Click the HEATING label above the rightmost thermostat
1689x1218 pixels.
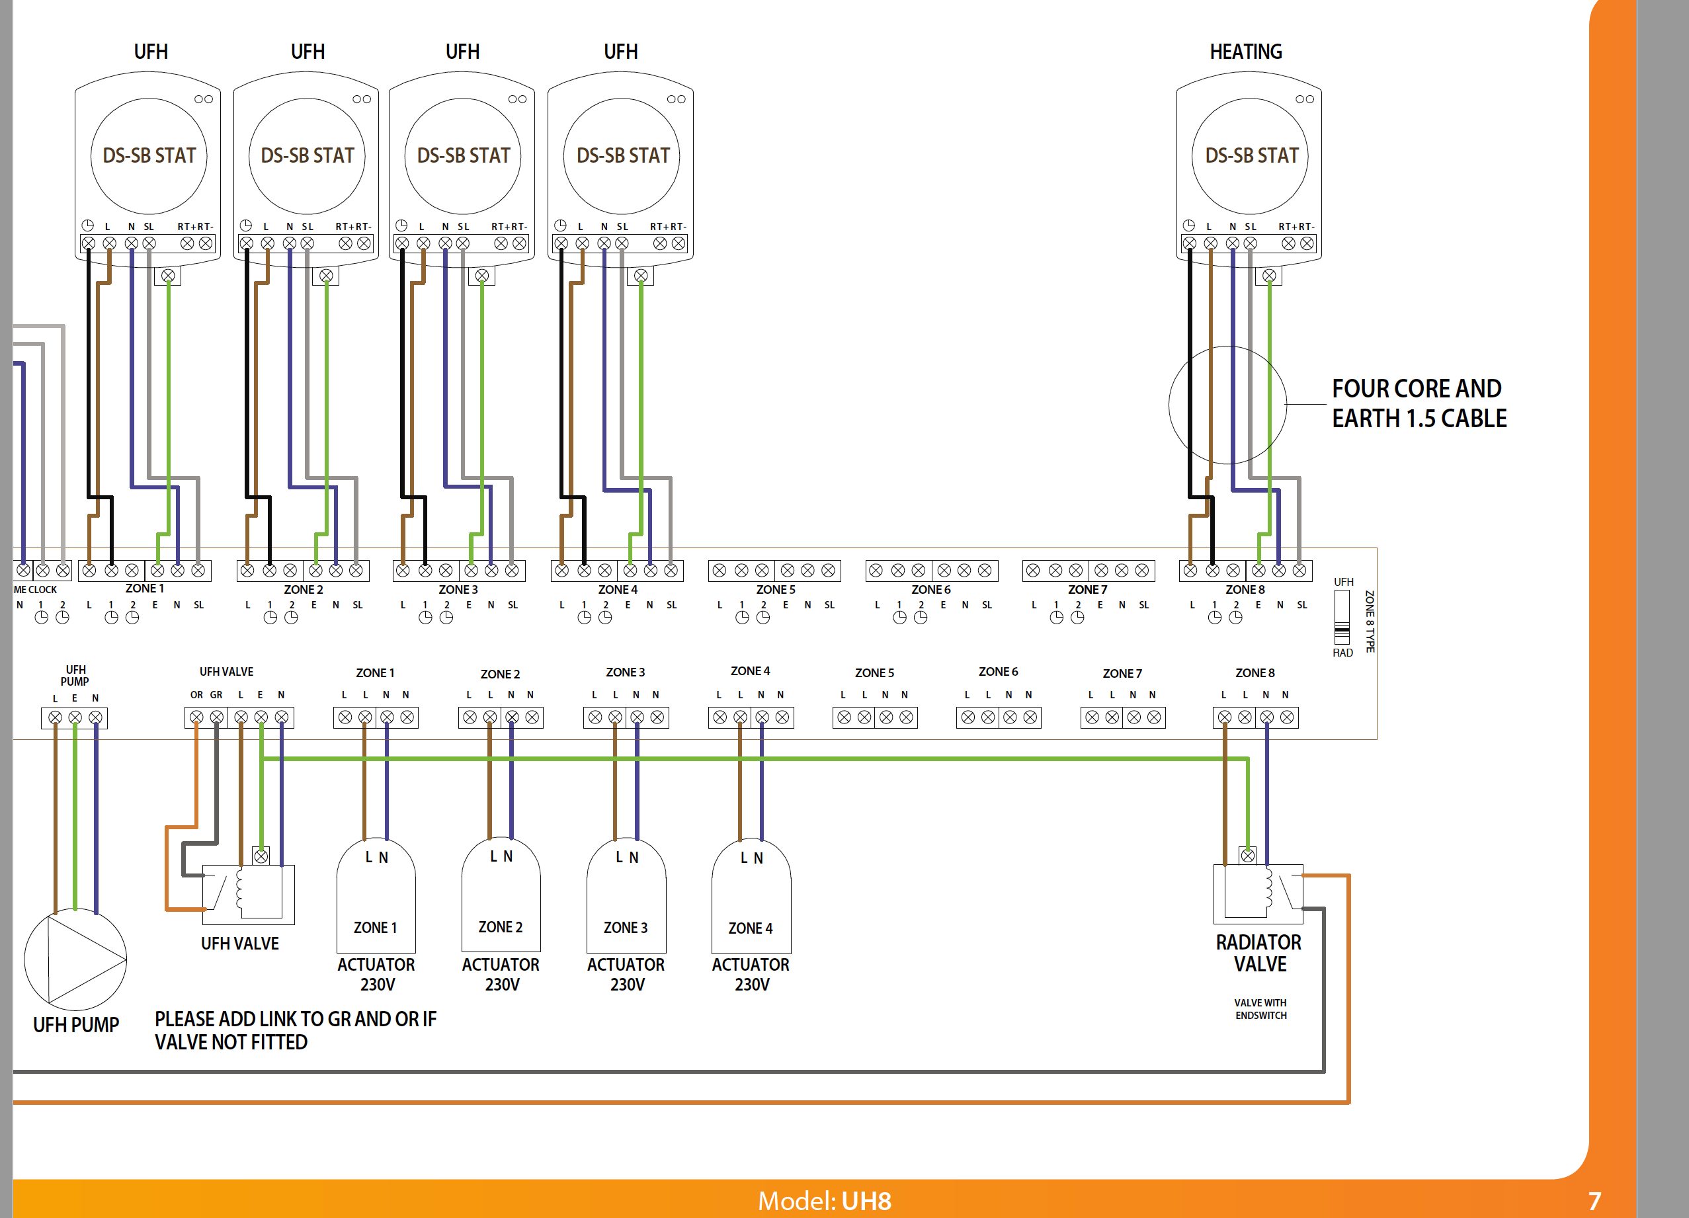[x=1245, y=52]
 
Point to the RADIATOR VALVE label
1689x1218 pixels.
[x=1258, y=953]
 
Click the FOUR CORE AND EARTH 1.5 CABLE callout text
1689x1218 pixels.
[x=1418, y=403]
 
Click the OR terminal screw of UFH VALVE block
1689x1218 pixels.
[x=196, y=717]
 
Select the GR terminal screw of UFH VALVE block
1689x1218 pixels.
[x=217, y=717]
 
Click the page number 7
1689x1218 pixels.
[x=1594, y=1201]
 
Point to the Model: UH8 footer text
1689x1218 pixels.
[x=825, y=1201]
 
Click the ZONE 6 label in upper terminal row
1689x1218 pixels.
[x=931, y=590]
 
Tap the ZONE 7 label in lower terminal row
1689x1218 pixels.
[x=1122, y=673]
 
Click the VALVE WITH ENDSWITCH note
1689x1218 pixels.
[x=1260, y=1009]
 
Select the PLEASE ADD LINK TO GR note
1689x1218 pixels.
[x=296, y=1030]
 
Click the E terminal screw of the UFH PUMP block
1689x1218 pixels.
[x=75, y=717]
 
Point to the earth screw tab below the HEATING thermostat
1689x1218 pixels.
[x=1269, y=276]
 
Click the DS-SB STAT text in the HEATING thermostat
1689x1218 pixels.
[x=1251, y=155]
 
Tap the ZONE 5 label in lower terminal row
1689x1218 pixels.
[x=874, y=673]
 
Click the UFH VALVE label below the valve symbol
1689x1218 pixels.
[x=240, y=944]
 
